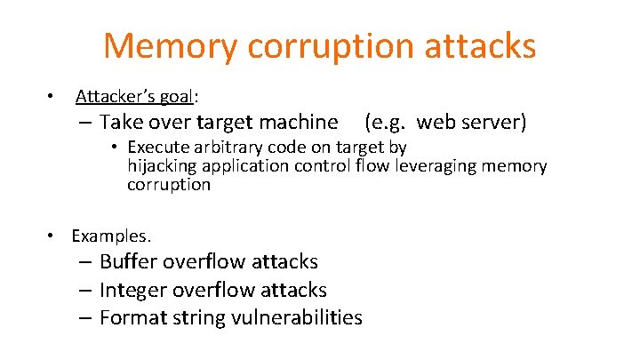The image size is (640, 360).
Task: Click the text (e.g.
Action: (386, 122)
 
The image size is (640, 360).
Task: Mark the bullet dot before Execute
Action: (116, 147)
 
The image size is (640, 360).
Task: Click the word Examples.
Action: (111, 236)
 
